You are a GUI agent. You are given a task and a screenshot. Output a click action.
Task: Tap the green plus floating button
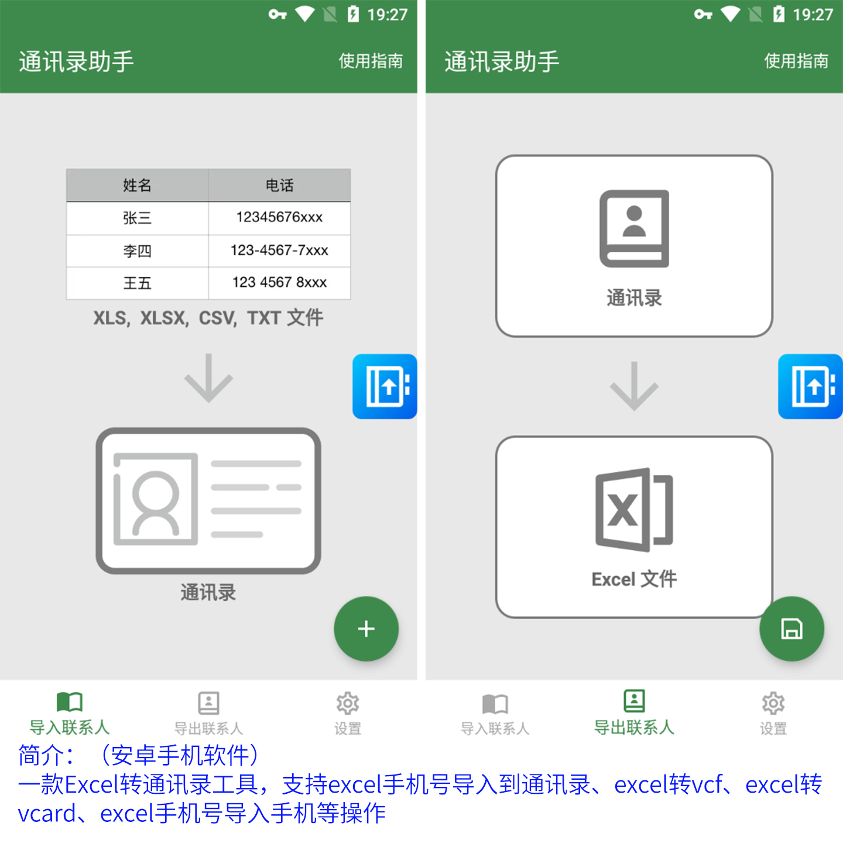click(x=366, y=629)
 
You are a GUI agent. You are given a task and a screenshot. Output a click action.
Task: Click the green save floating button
click(x=792, y=629)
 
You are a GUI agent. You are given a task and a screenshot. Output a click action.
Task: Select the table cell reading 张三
click(x=138, y=218)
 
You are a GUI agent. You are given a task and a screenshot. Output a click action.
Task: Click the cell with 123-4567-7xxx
click(x=280, y=251)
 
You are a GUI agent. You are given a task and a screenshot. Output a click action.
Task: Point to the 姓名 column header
click(x=138, y=186)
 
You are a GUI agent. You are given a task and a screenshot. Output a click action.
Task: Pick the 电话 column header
click(x=280, y=186)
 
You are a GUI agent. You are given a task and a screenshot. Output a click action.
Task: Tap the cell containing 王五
click(x=138, y=283)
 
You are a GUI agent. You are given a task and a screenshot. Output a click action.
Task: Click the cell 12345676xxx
click(x=280, y=217)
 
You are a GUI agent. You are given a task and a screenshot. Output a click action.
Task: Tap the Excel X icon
click(x=634, y=510)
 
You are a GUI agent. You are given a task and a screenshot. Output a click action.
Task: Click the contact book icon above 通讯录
click(x=634, y=228)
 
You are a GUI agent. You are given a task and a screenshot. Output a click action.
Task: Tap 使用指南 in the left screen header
click(x=371, y=61)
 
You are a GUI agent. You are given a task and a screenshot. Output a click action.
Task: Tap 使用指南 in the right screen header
click(x=796, y=61)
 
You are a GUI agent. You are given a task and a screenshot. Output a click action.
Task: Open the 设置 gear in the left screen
click(x=348, y=703)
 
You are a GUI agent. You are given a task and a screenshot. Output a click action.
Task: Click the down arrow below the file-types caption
click(x=208, y=378)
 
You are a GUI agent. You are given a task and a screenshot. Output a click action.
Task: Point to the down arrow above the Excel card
click(x=634, y=386)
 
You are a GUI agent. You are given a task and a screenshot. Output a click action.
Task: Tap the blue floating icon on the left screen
click(x=385, y=386)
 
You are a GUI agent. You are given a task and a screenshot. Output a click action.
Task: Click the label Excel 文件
click(x=634, y=579)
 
